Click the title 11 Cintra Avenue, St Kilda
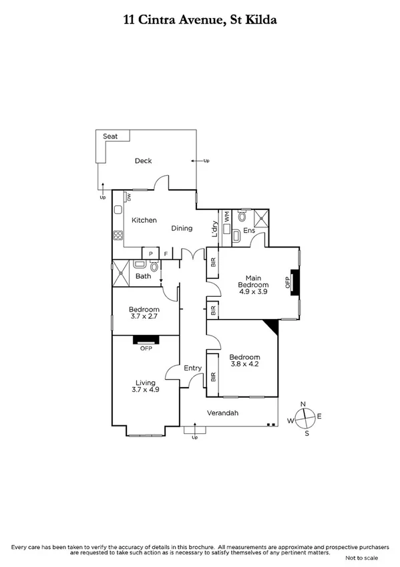click(200, 21)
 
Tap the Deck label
click(144, 160)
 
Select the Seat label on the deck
click(110, 136)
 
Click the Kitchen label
click(144, 220)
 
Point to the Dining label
click(182, 228)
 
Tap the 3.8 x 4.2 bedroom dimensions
click(244, 365)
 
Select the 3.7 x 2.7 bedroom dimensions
click(144, 317)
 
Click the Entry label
click(192, 368)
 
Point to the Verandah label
click(222, 413)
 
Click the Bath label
click(144, 276)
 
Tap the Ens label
click(249, 231)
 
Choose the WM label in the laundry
click(227, 217)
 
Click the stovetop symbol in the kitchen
click(118, 235)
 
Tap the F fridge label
click(165, 253)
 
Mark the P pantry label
click(151, 253)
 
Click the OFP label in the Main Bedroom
click(288, 283)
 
